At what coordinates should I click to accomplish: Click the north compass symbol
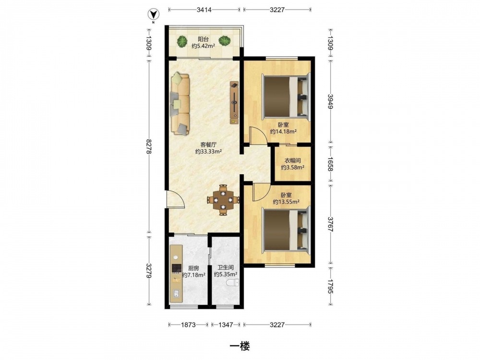coord(153,14)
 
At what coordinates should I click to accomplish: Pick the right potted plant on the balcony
coord(225,41)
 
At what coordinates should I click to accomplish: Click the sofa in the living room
coord(180,103)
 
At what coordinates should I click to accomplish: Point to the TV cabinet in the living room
coord(235,103)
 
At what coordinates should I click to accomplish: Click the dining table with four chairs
coord(223,200)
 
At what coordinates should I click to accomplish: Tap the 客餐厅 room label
coord(208,144)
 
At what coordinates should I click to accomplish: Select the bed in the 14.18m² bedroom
coord(287,96)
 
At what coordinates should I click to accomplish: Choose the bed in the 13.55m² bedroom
coord(287,230)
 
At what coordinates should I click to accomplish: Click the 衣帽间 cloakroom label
coord(293,160)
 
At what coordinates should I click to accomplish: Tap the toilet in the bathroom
coord(232,283)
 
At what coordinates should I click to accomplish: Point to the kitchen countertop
coord(176,274)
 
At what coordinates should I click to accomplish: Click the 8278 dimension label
coord(149,146)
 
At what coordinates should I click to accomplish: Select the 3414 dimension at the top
coord(204,10)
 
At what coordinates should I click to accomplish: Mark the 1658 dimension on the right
coord(330,164)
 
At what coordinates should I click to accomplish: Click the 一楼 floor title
coord(240,346)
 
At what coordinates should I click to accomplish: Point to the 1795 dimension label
coord(330,286)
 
